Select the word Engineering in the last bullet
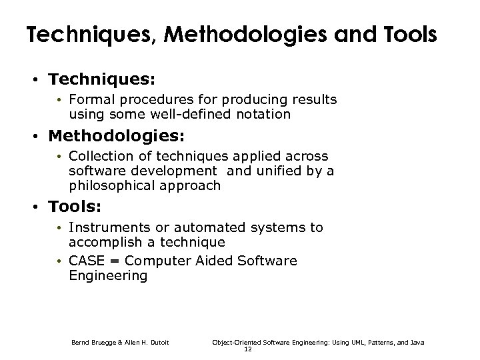[108, 275]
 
